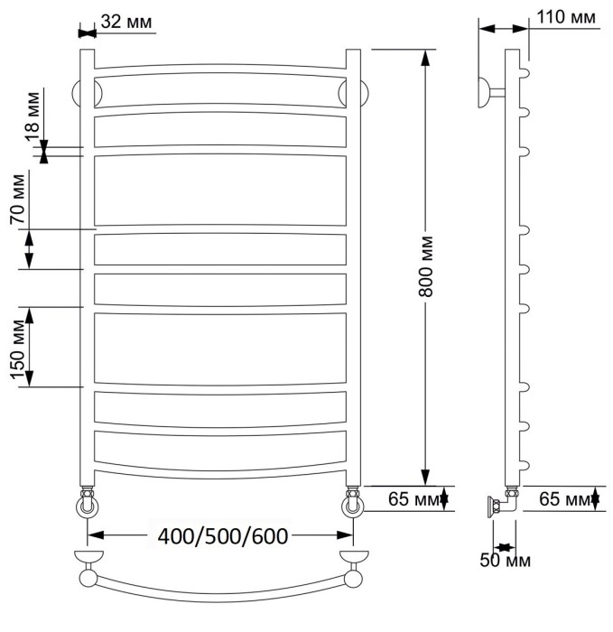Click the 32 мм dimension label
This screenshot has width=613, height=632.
126,22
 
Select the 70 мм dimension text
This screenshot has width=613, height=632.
18,200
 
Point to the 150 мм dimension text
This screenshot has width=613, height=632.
18,349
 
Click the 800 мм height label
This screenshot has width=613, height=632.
425,266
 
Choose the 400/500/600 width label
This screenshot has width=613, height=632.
223,536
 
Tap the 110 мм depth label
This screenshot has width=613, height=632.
566,17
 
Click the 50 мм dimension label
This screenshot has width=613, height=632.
505,561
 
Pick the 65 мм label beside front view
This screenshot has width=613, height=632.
413,499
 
